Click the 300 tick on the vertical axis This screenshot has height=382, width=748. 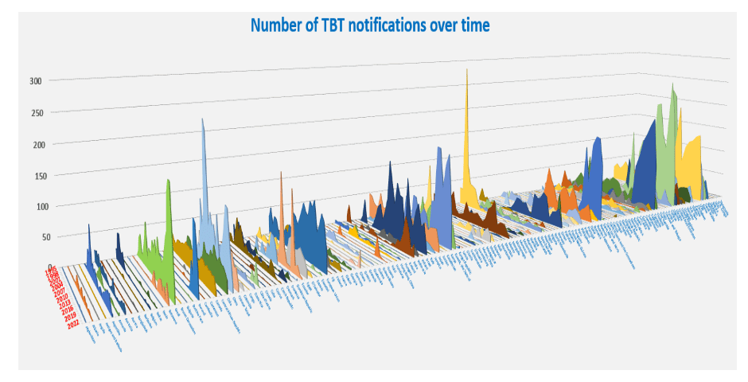tap(35, 80)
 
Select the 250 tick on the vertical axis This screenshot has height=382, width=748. tap(35, 112)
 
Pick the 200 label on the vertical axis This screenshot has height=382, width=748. tap(35, 144)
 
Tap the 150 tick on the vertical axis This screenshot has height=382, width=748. tap(35, 175)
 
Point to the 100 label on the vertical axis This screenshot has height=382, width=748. tap(35, 206)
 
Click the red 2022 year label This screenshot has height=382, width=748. tap(74, 323)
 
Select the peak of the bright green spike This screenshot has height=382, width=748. tap(169, 181)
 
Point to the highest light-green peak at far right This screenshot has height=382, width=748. tap(672, 84)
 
